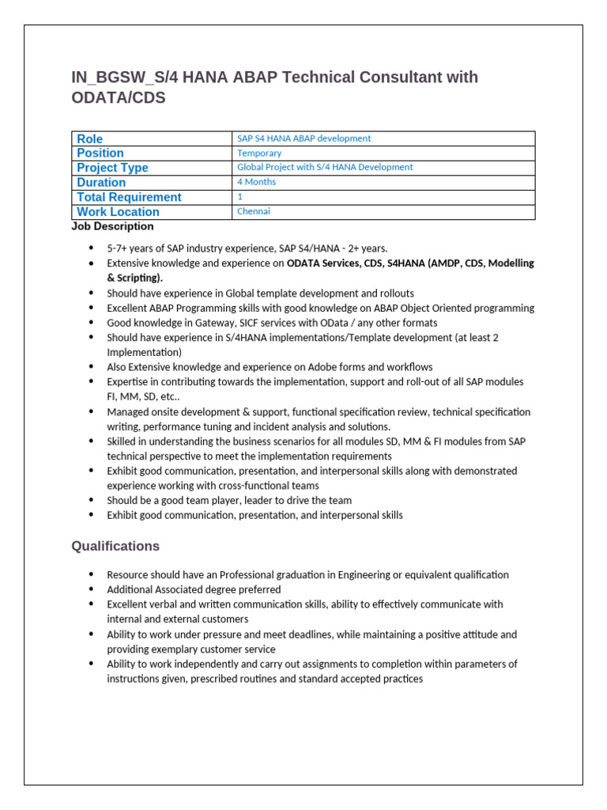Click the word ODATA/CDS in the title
click(119, 99)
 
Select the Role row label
click(89, 138)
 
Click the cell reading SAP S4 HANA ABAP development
click(303, 138)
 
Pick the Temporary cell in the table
click(259, 153)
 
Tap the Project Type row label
click(112, 168)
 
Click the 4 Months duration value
click(256, 182)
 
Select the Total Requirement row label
click(129, 197)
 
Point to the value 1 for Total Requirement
click(240, 196)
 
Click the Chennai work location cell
click(254, 211)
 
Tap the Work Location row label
click(118, 212)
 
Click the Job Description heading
click(112, 227)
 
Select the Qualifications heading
click(115, 547)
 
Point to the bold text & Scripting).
click(135, 278)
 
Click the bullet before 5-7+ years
click(92, 248)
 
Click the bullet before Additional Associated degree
click(92, 590)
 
